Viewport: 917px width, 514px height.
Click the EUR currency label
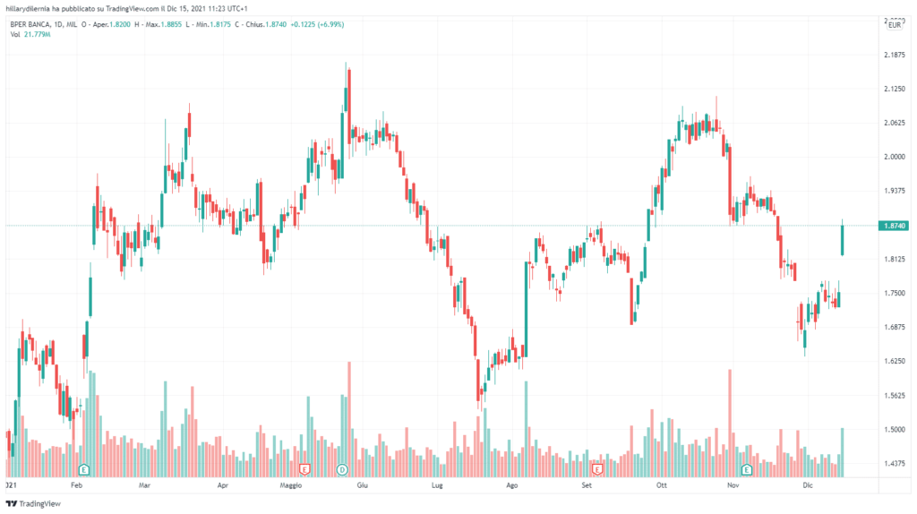(x=893, y=25)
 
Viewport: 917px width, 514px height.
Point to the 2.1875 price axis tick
(x=892, y=55)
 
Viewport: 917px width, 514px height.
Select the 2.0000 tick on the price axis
(x=892, y=157)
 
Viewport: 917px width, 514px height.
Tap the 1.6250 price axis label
(x=892, y=361)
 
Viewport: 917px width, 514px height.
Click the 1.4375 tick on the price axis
(x=892, y=463)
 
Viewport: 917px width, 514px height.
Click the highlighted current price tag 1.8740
(x=892, y=226)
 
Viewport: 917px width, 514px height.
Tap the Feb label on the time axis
(x=76, y=484)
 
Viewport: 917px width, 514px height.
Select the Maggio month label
(x=291, y=484)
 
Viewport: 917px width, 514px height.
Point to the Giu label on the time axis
(x=363, y=484)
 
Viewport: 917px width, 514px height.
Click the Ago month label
(x=512, y=484)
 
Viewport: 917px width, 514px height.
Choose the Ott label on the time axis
(x=663, y=484)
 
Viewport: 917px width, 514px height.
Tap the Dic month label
(x=807, y=484)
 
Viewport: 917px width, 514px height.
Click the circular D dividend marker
(x=341, y=468)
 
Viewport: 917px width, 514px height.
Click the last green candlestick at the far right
(x=842, y=239)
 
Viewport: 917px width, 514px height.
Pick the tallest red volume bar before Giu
(x=348, y=412)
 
